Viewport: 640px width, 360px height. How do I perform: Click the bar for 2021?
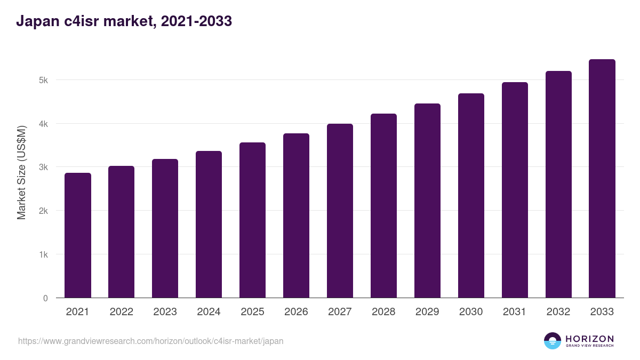click(78, 235)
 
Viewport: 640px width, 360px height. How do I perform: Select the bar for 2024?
click(209, 225)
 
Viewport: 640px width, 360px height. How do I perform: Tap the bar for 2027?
click(340, 211)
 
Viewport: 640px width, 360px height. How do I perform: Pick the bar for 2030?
click(471, 196)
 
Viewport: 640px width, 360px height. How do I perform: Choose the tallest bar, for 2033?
click(602, 179)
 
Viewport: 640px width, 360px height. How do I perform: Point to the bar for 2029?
click(427, 201)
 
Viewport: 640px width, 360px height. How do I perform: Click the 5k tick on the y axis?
click(43, 81)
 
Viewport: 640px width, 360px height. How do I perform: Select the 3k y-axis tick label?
click(43, 167)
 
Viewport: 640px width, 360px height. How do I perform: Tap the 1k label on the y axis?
click(43, 254)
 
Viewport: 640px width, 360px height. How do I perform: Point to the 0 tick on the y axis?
click(45, 298)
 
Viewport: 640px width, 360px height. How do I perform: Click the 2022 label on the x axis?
click(122, 311)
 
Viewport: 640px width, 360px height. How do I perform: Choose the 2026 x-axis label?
click(296, 311)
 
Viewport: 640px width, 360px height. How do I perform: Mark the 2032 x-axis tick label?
click(558, 311)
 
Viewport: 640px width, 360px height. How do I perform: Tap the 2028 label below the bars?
click(383, 311)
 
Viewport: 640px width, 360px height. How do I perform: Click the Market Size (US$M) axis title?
click(21, 173)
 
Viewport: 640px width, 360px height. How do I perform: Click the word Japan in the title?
click(38, 21)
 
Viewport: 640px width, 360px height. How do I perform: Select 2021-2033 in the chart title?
click(197, 21)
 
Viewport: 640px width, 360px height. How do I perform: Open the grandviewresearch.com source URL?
click(150, 341)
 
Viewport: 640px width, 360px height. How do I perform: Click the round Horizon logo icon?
click(553, 341)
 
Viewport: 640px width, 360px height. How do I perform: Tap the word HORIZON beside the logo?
click(589, 339)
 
